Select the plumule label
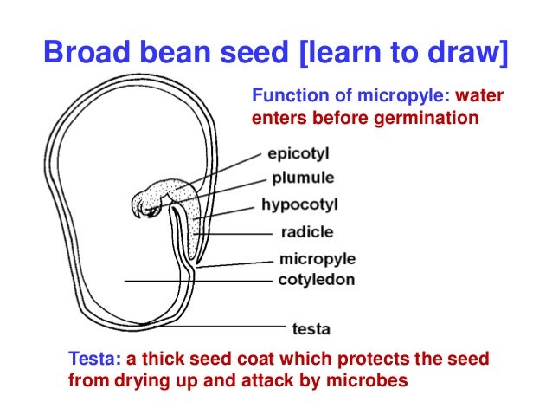pos(303,179)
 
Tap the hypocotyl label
pos(298,205)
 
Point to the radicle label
pos(305,232)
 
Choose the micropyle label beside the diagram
pos(317,259)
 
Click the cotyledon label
pos(316,279)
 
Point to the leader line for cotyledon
pos(199,281)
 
